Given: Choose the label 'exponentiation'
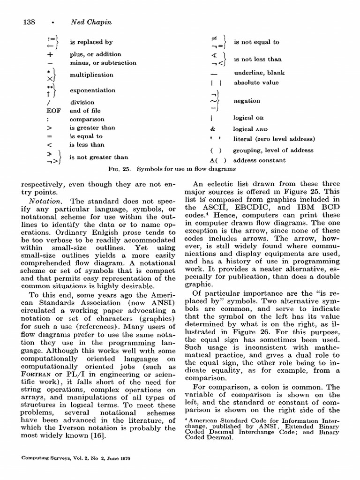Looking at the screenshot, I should [x=92, y=90].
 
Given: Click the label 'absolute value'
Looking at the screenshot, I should [x=256, y=82].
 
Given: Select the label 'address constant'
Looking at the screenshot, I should [x=259, y=160].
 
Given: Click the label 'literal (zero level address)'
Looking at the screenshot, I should [x=274, y=139].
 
